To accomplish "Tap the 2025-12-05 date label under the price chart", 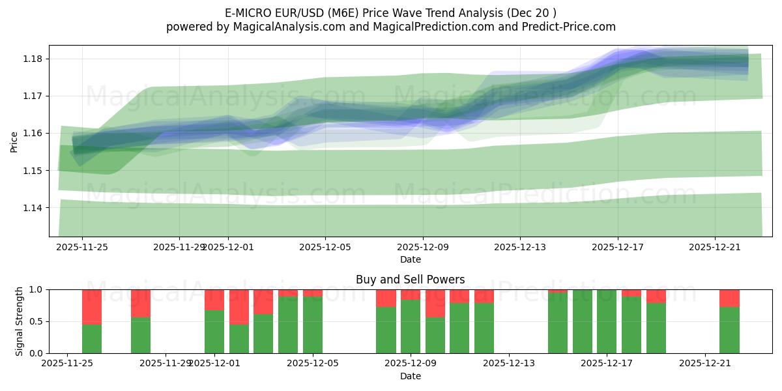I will pos(325,248).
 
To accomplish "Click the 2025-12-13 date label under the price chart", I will pos(520,248).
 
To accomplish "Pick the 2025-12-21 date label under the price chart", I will pos(715,248).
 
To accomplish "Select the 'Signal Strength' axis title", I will pos(20,321).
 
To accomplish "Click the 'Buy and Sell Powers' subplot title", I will pos(410,280).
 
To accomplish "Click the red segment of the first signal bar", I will pos(92,306).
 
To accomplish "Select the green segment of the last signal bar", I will pos(729,330).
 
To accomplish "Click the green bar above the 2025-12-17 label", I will pos(607,321).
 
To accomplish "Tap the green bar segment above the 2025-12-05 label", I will pos(313,325).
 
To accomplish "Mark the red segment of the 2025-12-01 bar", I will pos(214,300).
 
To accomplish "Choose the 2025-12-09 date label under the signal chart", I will pos(411,364).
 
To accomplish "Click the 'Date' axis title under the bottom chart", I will pos(410,376).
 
